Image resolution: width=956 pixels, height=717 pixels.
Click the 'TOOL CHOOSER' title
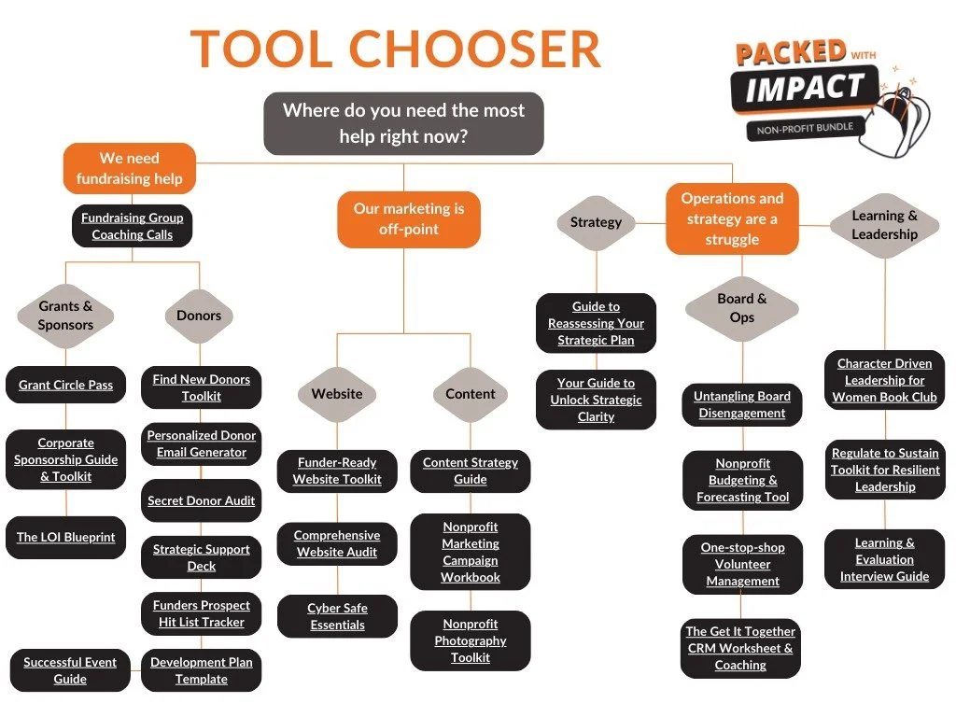(x=396, y=49)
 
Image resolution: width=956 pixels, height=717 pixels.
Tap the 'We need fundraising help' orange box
(x=130, y=168)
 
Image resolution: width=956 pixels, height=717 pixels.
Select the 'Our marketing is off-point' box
(x=408, y=218)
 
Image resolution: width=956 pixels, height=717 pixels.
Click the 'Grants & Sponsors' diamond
(x=65, y=316)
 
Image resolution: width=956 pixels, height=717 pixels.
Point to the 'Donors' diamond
(x=199, y=316)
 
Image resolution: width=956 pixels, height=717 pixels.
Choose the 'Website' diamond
(x=337, y=394)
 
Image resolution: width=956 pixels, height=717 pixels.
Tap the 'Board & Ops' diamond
(x=742, y=308)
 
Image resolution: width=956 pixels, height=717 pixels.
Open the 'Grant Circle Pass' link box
(x=65, y=385)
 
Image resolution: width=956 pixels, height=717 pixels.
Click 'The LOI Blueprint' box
(x=65, y=538)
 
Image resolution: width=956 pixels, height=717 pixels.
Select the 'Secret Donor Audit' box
(x=201, y=501)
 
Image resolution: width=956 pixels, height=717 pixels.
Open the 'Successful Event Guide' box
(x=70, y=671)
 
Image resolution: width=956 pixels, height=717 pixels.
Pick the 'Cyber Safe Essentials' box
(x=337, y=616)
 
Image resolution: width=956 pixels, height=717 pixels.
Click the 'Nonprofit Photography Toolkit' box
(x=471, y=640)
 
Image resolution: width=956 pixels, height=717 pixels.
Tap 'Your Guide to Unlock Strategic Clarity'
(x=596, y=400)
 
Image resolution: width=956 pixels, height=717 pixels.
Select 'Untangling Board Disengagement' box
(x=742, y=404)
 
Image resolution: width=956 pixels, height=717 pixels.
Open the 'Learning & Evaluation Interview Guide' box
(x=884, y=559)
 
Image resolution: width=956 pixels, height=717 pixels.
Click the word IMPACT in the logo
(x=805, y=90)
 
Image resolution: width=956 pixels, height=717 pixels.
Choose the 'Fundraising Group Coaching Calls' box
(x=133, y=226)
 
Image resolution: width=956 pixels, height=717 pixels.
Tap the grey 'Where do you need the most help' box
(x=403, y=123)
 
